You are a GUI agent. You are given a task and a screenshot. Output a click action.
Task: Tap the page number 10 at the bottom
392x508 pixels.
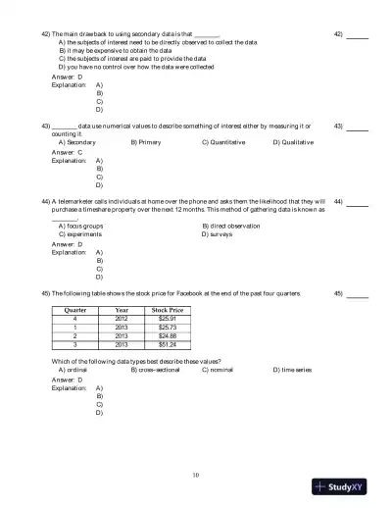(196, 476)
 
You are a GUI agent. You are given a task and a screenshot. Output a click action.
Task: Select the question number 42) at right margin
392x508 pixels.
(338, 33)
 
